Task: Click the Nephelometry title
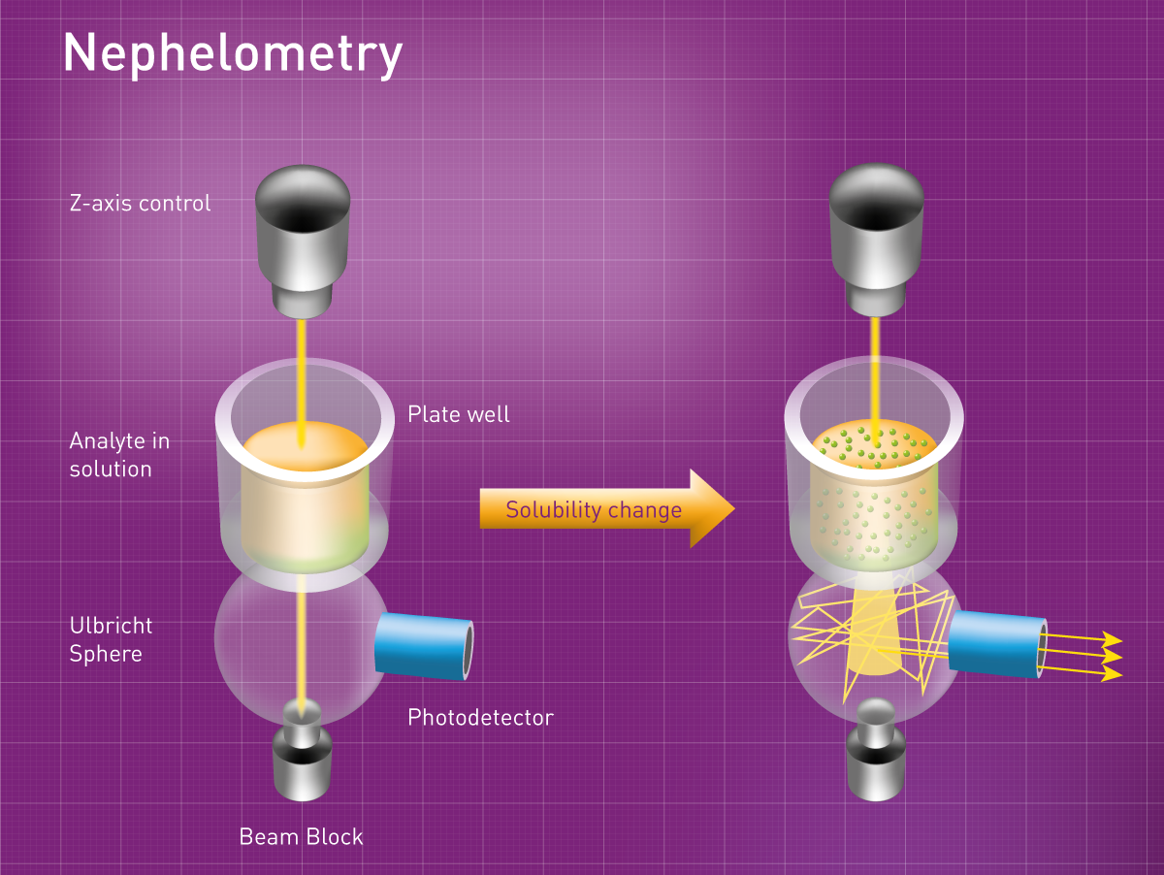233,53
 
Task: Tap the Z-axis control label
140,204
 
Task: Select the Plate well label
458,414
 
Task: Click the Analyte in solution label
119,455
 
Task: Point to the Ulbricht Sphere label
111,639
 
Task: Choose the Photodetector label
480,718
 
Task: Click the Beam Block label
301,836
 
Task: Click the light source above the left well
302,238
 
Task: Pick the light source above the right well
876,238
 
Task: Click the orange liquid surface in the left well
304,450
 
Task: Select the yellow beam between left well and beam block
303,640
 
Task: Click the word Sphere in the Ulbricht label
106,654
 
